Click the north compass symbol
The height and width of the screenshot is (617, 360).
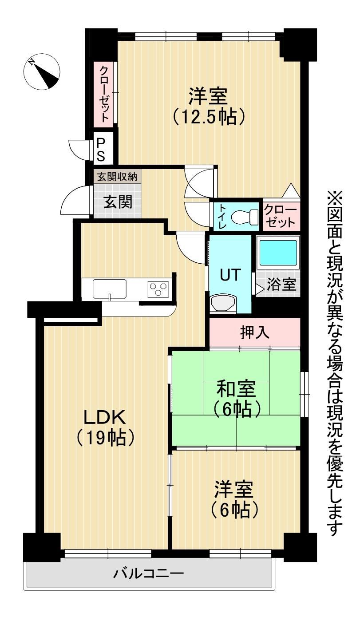(42, 71)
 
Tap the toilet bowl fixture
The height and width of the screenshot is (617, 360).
(245, 218)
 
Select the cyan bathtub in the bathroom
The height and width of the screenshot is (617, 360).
(278, 252)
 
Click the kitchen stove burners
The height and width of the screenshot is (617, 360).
(158, 289)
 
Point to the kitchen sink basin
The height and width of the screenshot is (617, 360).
(109, 289)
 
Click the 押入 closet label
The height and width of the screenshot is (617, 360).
(254, 332)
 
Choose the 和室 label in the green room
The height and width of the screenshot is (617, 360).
(236, 388)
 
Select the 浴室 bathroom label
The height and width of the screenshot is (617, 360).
(281, 284)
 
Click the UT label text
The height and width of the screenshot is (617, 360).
(230, 275)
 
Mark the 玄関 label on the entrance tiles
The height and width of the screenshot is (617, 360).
(118, 202)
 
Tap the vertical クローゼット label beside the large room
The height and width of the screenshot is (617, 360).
(104, 94)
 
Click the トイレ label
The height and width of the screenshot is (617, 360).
(222, 217)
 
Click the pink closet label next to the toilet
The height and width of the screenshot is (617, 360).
(281, 217)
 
